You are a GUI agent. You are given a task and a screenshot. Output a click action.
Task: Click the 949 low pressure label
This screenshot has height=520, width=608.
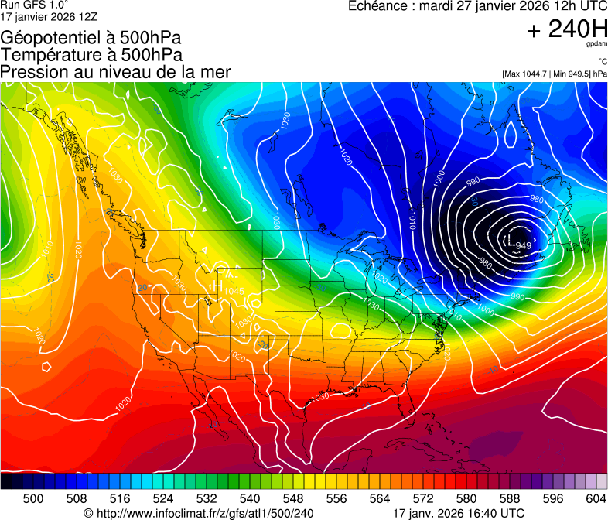pyautogui.click(x=524, y=246)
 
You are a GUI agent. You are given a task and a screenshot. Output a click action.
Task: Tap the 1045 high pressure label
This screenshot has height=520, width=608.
pyautogui.click(x=234, y=291)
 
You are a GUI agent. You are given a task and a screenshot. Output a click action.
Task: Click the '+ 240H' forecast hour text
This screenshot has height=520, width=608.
pyautogui.click(x=566, y=30)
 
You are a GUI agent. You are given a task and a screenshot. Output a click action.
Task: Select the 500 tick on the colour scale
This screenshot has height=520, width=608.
pyautogui.click(x=33, y=498)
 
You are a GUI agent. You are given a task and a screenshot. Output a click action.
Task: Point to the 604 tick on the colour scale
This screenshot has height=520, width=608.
pyautogui.click(x=596, y=498)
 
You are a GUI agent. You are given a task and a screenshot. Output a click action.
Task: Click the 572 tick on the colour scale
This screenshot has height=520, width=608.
pyautogui.click(x=423, y=498)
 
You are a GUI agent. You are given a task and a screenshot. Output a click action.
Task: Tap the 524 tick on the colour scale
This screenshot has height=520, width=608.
pyautogui.click(x=163, y=498)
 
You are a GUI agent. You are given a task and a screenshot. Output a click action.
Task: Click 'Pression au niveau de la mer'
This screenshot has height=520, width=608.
pyautogui.click(x=115, y=72)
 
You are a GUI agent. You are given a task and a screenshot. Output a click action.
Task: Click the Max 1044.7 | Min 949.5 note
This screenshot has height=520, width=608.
pyautogui.click(x=554, y=74)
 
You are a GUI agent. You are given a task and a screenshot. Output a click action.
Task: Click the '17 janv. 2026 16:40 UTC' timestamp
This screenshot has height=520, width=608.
pyautogui.click(x=458, y=513)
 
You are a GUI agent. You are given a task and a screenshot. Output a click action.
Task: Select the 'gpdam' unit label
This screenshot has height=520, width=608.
pyautogui.click(x=597, y=45)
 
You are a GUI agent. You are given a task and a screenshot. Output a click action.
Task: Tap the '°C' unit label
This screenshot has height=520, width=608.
pyautogui.click(x=602, y=62)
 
